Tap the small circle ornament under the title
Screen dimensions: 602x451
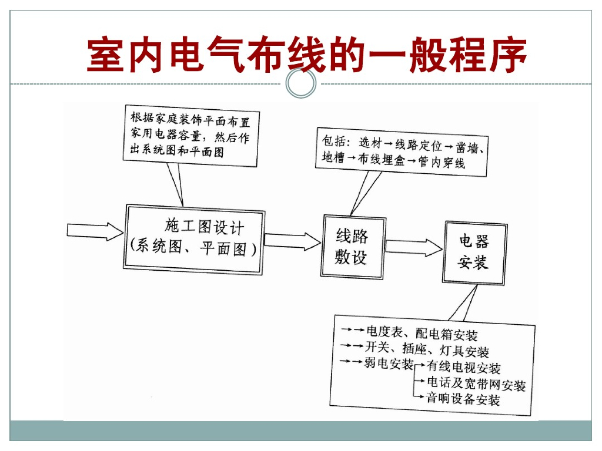300,84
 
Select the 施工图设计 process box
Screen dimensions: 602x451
194,239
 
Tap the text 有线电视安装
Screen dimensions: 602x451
464,368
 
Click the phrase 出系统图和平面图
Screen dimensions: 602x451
176,152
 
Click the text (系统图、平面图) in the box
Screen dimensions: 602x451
193,248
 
